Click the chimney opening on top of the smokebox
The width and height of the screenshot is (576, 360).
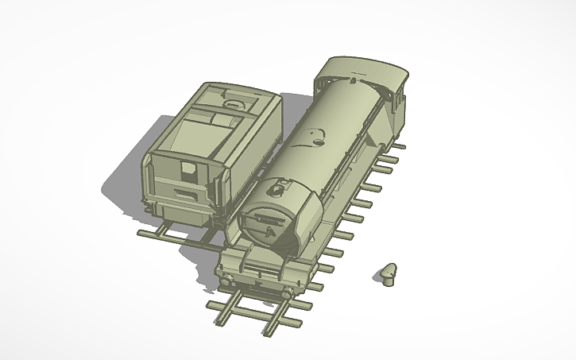tap(277, 189)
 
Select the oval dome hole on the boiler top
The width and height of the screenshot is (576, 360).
tap(318, 143)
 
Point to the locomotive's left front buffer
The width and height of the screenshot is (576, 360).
tap(230, 279)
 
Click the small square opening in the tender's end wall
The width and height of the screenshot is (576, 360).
tap(188, 168)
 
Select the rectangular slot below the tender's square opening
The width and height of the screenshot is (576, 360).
tap(184, 193)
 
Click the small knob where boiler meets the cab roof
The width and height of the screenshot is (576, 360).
tap(350, 80)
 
